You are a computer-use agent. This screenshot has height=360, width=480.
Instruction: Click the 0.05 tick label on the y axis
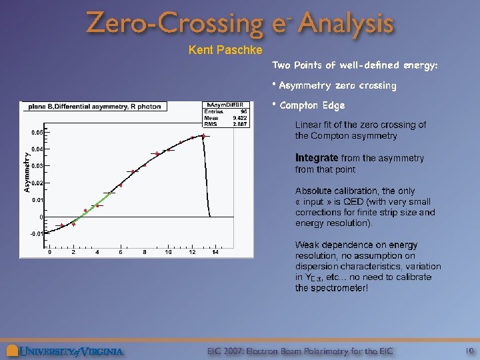click(x=37, y=132)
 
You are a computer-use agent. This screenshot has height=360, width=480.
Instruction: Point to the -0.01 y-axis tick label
click(x=36, y=234)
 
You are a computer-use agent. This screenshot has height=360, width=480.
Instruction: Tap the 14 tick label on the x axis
click(x=215, y=253)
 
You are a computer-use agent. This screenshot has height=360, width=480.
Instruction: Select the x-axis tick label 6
click(x=121, y=253)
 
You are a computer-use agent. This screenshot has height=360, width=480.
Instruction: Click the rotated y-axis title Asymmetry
click(x=27, y=173)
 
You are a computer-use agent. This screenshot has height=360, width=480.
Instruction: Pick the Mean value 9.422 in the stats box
click(x=239, y=118)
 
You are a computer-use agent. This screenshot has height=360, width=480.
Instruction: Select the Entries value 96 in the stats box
click(x=243, y=111)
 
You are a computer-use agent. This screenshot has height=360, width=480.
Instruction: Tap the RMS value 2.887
click(x=239, y=124)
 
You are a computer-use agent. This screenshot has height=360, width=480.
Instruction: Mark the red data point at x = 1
click(x=62, y=225)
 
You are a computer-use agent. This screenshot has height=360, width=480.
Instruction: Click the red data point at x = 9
click(x=157, y=154)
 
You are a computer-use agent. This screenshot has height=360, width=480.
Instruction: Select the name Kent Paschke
click(x=217, y=50)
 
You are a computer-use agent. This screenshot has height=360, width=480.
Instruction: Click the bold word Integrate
click(x=317, y=159)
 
